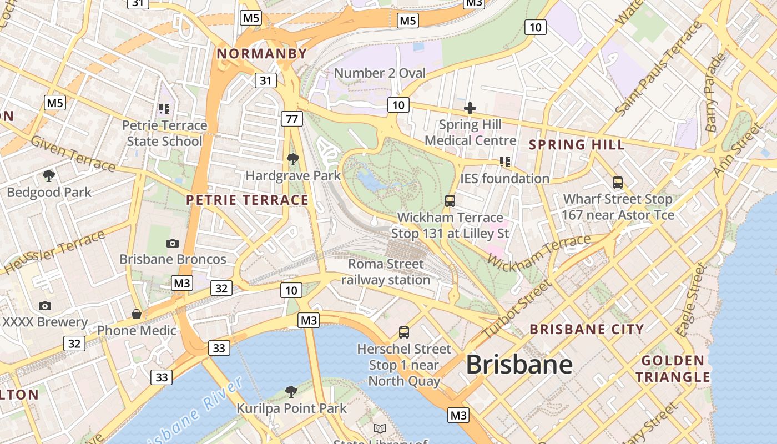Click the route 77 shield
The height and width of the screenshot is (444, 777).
tap(292, 118)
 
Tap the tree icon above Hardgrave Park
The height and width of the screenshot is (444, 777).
tap(292, 160)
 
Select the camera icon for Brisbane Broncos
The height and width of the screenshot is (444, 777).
tap(173, 243)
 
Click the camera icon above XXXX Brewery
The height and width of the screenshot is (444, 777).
tap(45, 306)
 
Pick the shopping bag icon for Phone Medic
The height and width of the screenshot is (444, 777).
tap(137, 314)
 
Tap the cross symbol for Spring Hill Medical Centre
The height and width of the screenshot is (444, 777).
tap(470, 108)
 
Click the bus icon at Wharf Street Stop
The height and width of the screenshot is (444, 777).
tap(617, 183)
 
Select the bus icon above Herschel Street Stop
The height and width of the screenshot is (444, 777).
tap(404, 332)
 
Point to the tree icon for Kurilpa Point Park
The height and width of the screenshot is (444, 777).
tap(291, 392)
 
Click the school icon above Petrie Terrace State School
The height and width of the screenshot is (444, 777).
tap(164, 109)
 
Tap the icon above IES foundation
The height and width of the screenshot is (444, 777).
tap(504, 162)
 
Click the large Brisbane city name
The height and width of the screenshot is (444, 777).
tap(519, 365)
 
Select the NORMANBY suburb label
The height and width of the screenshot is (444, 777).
tap(261, 54)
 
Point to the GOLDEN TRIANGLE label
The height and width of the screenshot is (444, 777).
tap(673, 369)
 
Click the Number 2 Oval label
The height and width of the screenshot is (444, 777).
tap(380, 73)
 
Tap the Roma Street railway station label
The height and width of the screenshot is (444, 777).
tap(386, 272)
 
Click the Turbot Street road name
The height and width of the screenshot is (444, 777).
tap(516, 310)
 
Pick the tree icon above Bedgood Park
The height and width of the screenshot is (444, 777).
tap(49, 176)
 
